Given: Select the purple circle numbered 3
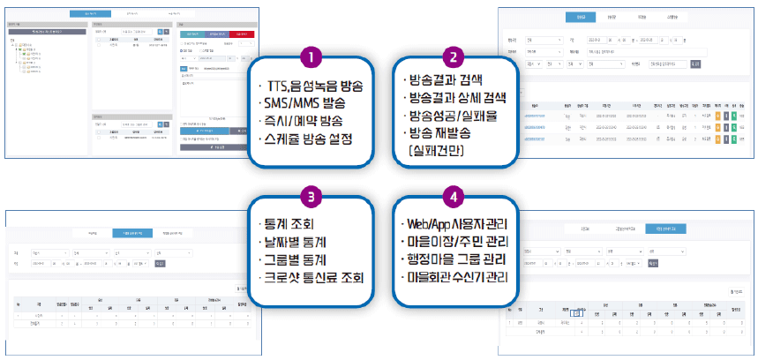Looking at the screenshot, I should [x=310, y=194].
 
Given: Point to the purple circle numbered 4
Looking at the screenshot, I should [x=452, y=194].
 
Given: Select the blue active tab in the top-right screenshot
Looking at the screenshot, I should [x=580, y=16].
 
